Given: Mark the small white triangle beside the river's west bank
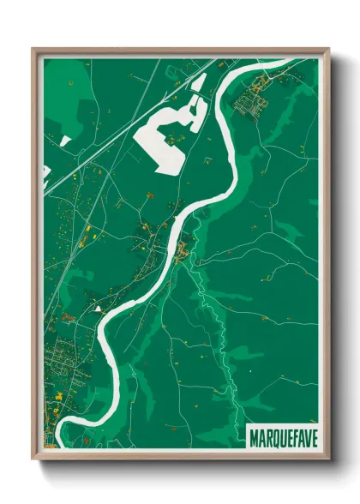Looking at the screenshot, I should click(99, 306).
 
